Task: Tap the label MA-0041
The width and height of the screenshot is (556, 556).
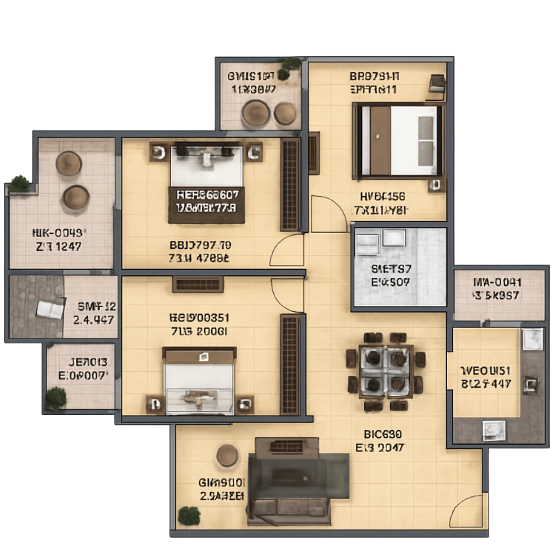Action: point(497,282)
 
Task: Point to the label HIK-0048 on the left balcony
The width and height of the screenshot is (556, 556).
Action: point(58,233)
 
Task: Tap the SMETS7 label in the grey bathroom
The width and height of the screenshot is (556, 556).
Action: point(391,269)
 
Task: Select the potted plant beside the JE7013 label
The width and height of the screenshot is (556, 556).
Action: point(56,398)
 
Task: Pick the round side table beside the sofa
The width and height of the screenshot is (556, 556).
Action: point(227,456)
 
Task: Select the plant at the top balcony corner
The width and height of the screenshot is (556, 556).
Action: point(291,64)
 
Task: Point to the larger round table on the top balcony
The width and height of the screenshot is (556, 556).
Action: point(255,112)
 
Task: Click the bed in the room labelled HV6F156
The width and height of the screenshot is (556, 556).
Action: point(398,139)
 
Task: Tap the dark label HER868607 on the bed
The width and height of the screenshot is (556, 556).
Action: point(207,195)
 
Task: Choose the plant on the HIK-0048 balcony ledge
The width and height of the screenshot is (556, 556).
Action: point(20,183)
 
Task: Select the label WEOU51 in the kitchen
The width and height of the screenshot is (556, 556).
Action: point(486,370)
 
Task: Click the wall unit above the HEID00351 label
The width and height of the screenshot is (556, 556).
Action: point(198,284)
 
